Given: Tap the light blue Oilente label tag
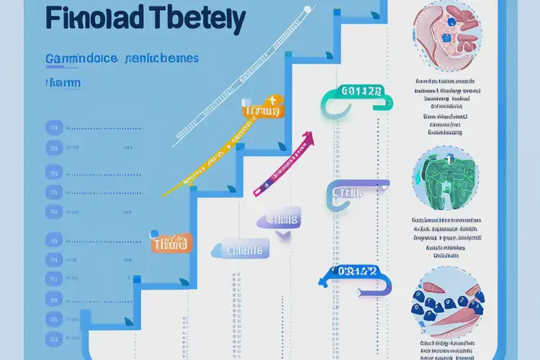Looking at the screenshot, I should coord(240,251).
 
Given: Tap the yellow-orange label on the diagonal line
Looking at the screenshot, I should coord(261,110).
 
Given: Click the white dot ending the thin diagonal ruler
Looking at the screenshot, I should coord(307,9).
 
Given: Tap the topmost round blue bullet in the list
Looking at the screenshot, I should coord(53,127).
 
